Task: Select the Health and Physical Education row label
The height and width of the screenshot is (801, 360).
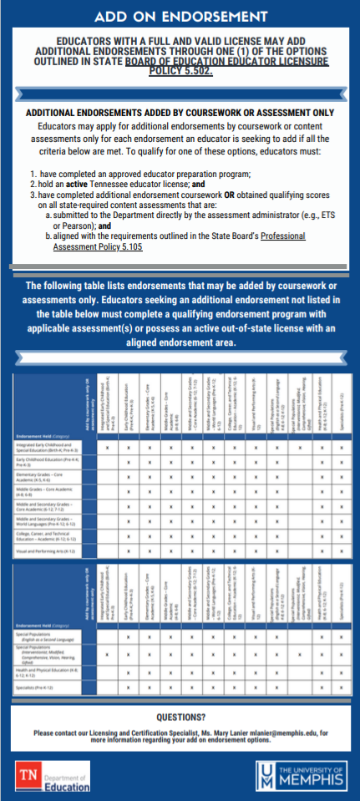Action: point(47,671)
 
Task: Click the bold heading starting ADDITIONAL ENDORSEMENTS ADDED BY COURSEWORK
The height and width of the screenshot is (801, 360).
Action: point(180,112)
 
